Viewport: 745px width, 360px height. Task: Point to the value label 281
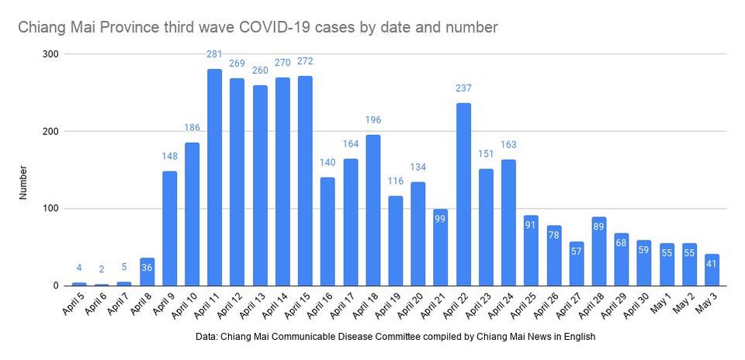(215, 54)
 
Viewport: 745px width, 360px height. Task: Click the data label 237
(463, 88)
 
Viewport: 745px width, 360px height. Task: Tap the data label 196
(373, 119)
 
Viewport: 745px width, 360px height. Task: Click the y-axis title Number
(24, 182)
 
